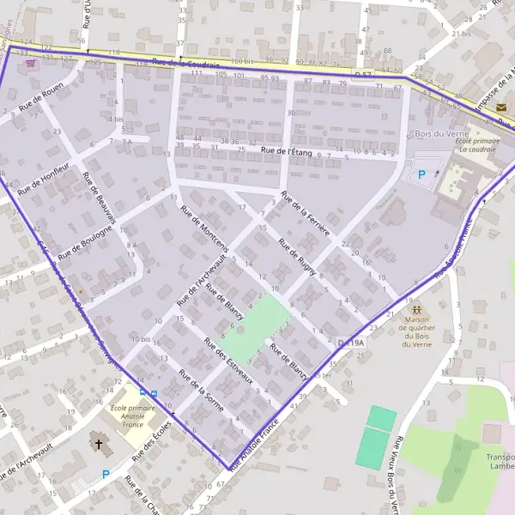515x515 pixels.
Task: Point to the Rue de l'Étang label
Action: [x=287, y=152]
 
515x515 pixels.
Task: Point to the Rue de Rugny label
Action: [x=298, y=256]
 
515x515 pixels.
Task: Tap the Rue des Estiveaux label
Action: [x=228, y=360]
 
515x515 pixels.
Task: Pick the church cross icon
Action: [x=100, y=445]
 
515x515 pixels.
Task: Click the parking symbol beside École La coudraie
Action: [x=421, y=174]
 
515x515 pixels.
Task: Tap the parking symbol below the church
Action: [x=106, y=474]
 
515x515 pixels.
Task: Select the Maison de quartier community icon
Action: [x=415, y=310]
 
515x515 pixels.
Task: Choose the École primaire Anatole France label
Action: [x=133, y=415]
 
